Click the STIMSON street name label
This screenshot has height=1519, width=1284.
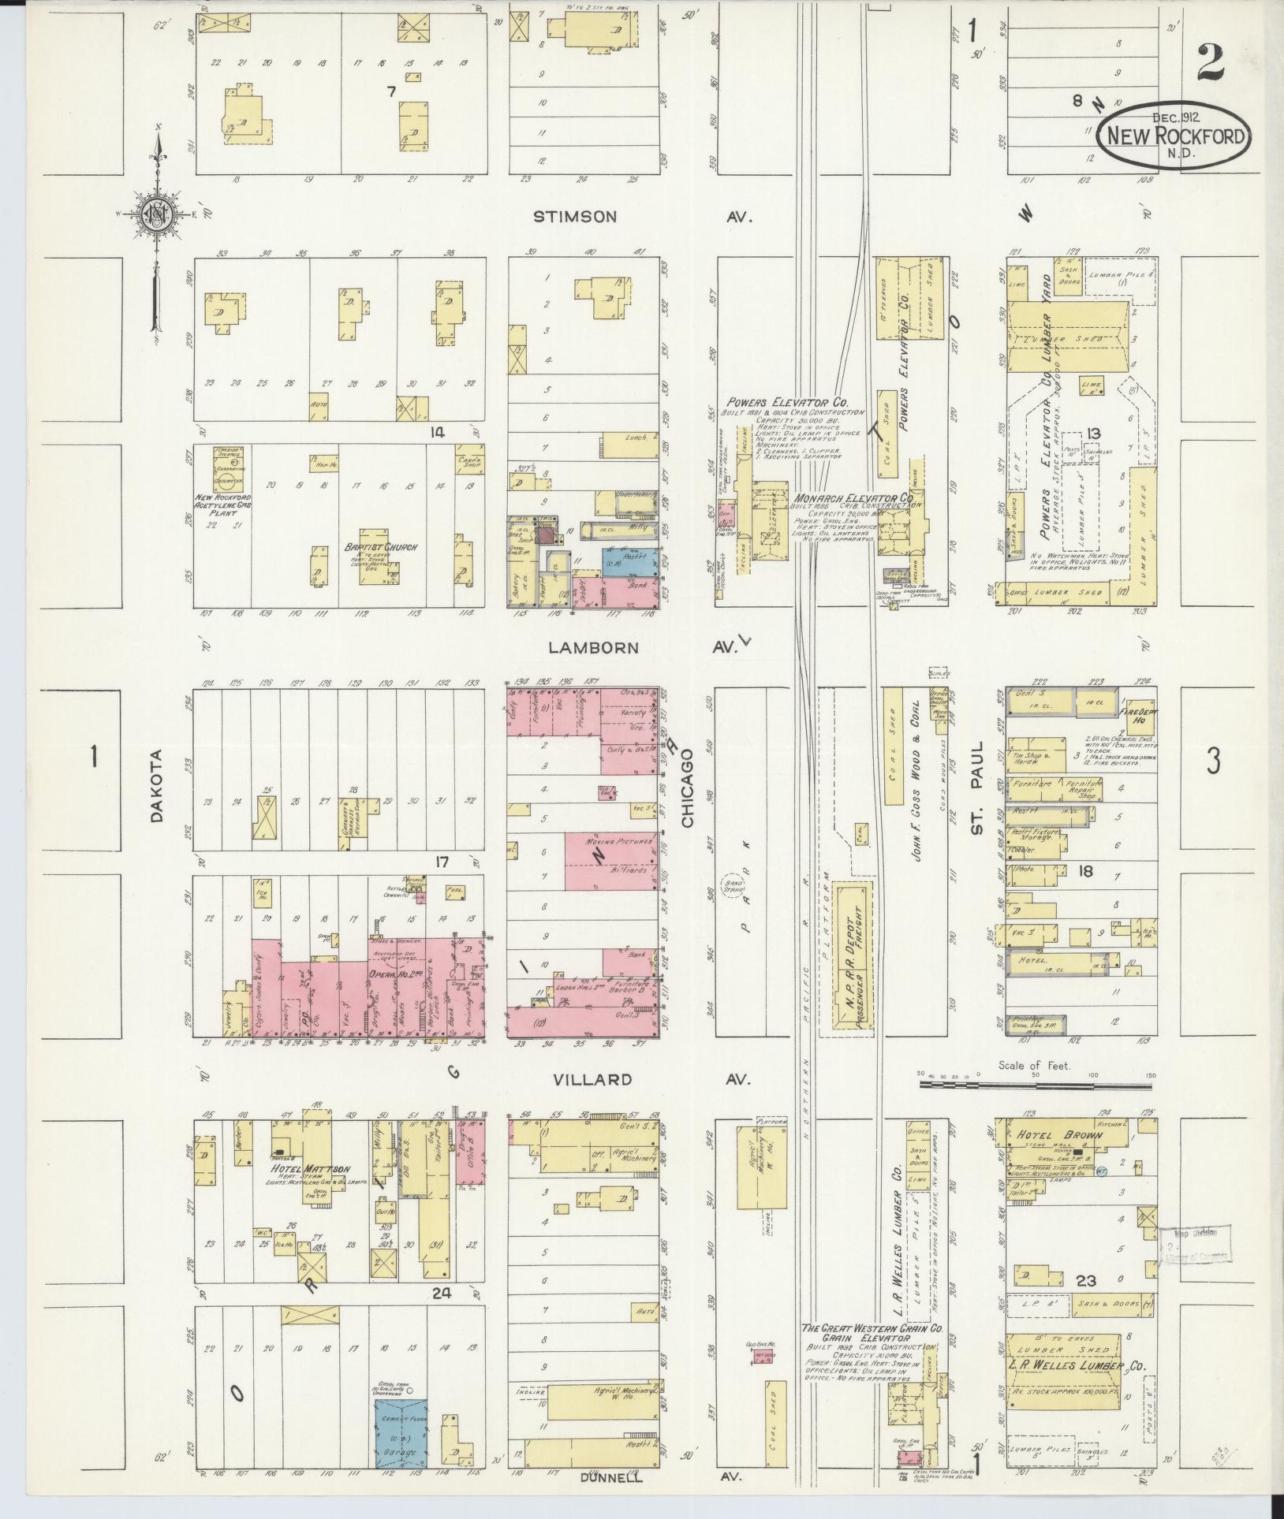pos(574,217)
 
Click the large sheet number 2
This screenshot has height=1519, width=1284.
pos(1210,63)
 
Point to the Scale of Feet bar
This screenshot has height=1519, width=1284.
pos(1035,1085)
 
